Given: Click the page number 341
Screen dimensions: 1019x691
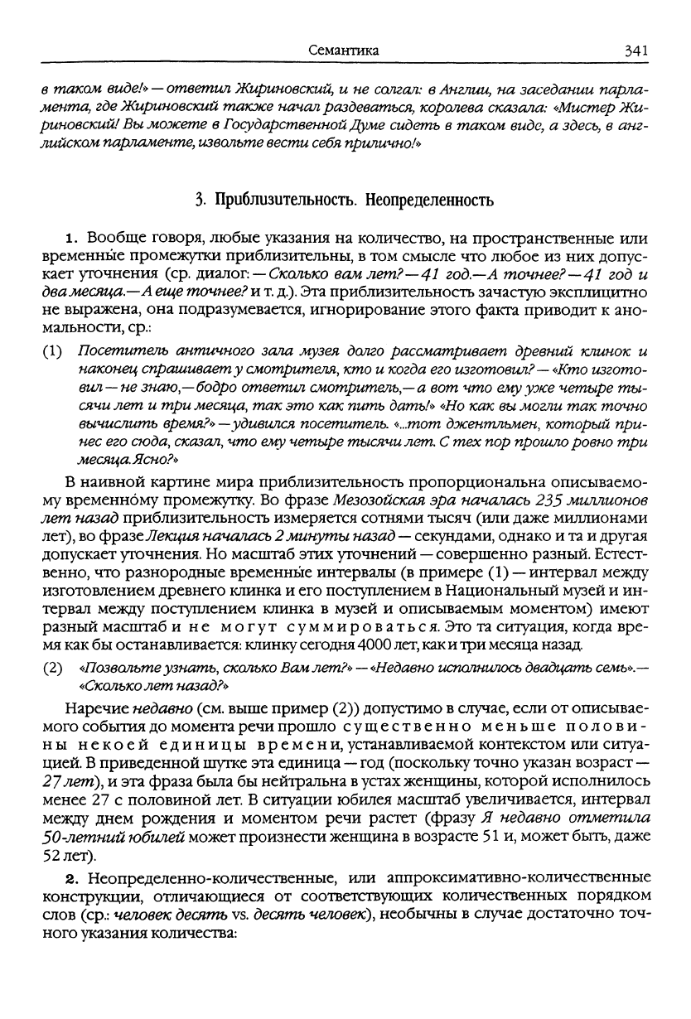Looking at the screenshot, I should click(635, 51).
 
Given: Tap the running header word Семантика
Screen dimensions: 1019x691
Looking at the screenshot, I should click(343, 51).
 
